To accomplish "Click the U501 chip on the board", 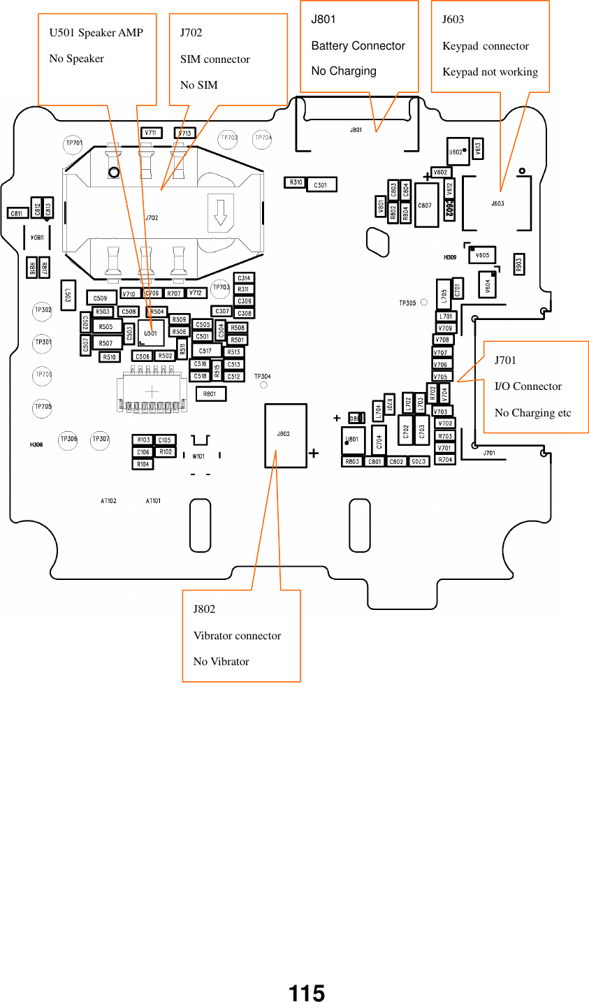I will tap(151, 333).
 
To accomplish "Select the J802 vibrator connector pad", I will tap(285, 435).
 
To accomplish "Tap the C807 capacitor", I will tap(426, 205).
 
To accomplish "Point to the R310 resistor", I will tap(295, 182).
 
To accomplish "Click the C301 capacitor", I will tap(321, 184).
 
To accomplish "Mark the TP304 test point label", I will tap(262, 377).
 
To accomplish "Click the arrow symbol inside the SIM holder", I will tap(221, 212).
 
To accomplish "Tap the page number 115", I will tap(307, 993).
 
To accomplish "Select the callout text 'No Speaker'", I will tap(76, 59).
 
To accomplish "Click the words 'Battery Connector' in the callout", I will tap(358, 46).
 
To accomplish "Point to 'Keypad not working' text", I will tap(490, 72).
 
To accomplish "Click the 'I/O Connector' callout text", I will tap(528, 386).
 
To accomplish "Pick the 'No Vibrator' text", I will tap(221, 662).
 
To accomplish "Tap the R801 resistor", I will tap(210, 394).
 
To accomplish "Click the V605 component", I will tap(482, 255).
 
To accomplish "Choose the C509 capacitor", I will tap(101, 298).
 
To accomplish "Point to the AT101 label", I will tap(153, 500).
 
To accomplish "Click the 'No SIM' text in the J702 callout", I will tap(198, 85).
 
